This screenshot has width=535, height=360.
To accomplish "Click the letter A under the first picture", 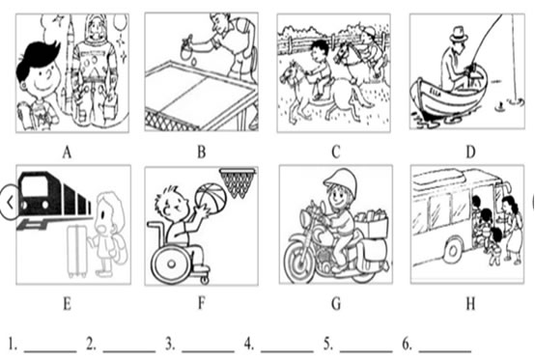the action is point(67,152).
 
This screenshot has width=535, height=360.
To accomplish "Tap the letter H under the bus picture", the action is point(470,303).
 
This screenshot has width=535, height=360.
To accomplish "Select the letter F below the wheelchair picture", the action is point(202,303).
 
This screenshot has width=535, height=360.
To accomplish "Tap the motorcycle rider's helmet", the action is point(340,182).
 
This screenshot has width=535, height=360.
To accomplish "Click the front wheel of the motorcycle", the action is point(299,261).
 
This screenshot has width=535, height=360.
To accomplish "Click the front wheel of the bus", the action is point(453,251).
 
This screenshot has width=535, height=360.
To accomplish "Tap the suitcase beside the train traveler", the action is point(79,251).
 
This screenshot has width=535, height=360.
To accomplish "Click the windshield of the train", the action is point(34,186).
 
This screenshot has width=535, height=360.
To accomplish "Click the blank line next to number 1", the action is point(50,350).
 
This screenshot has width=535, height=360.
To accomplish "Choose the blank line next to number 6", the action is point(445,350).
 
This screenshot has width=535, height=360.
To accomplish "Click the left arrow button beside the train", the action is point(10,203).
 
